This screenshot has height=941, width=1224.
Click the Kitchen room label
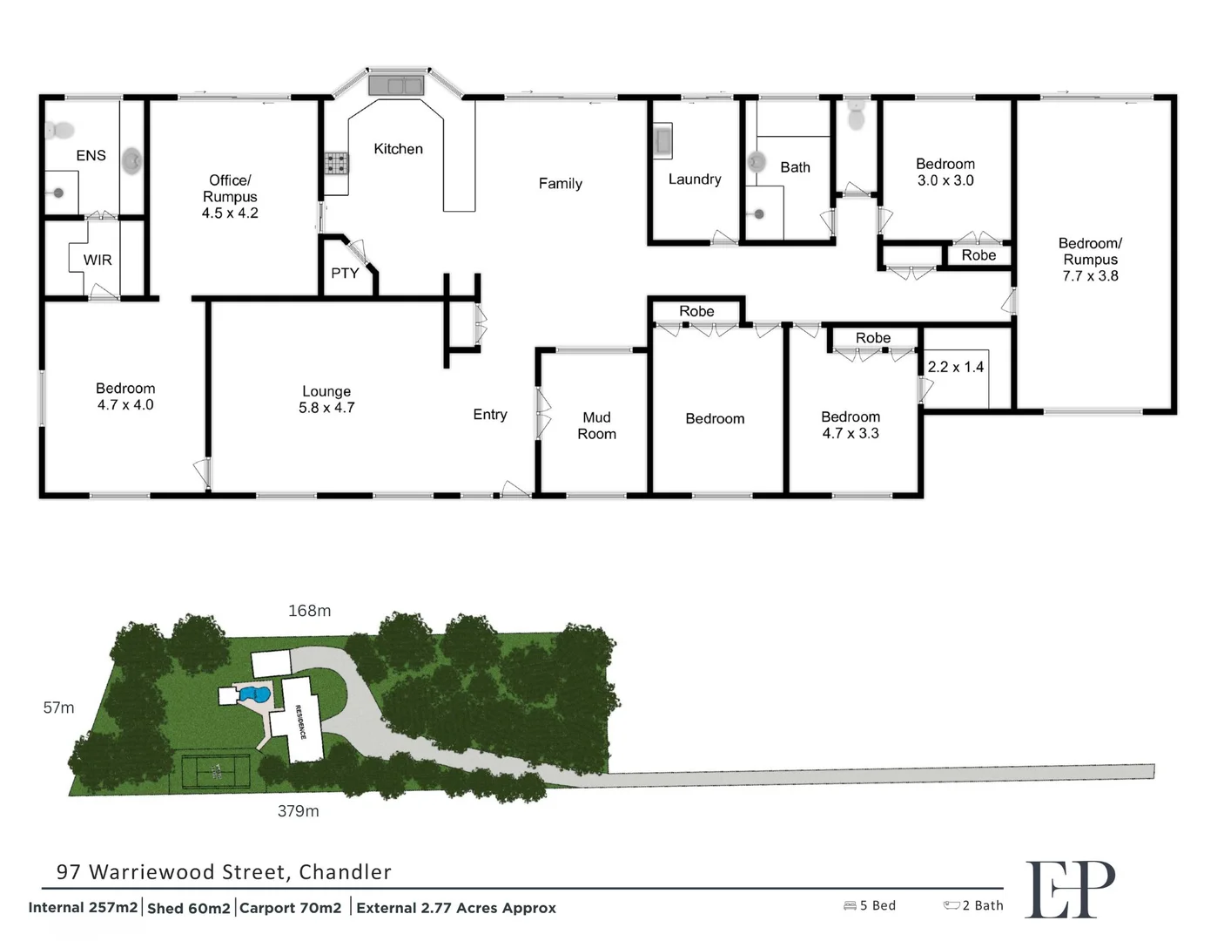click(398, 149)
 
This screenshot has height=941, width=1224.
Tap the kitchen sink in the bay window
click(395, 85)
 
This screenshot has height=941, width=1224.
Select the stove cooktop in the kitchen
click(337, 163)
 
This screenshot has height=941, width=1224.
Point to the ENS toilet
click(60, 132)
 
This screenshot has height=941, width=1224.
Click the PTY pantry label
click(345, 274)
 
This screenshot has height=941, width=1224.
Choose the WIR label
click(98, 260)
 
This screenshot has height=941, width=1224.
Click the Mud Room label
click(596, 426)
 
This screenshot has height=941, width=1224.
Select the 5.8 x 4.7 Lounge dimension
click(326, 408)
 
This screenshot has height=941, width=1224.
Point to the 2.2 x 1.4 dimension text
click(955, 367)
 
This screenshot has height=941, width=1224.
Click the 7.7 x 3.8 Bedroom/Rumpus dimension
click(1090, 276)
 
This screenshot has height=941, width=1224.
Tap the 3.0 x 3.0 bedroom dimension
click(945, 180)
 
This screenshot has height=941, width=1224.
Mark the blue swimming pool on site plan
click(255, 695)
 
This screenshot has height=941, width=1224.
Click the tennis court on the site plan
click(216, 771)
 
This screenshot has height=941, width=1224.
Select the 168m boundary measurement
click(309, 611)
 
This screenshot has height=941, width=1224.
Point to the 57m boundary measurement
click(58, 707)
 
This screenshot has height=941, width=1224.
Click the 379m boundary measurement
click(298, 811)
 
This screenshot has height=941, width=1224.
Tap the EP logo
click(1069, 889)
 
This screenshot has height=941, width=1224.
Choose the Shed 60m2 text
click(189, 908)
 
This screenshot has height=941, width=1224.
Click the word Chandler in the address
click(345, 872)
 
